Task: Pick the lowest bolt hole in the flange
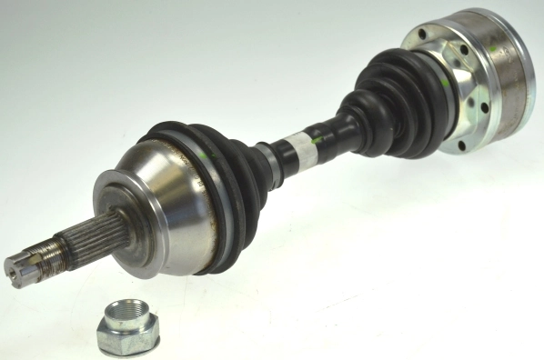tap(463, 145)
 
